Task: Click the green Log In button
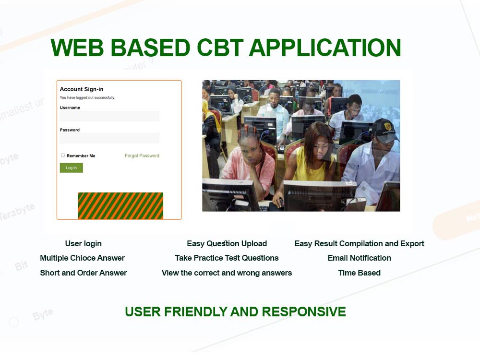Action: tap(71, 168)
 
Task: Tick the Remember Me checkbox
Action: tap(63, 156)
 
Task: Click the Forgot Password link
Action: tap(142, 156)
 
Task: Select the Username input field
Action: tap(109, 116)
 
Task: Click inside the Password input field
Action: tap(109, 138)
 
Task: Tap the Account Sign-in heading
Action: tap(82, 89)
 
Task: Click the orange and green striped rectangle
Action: tap(120, 206)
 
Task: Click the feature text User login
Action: tap(84, 243)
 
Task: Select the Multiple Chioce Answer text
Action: tap(83, 258)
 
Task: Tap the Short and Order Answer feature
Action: tap(84, 273)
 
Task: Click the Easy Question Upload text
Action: tap(227, 243)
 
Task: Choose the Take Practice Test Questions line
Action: tap(227, 258)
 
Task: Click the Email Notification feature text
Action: tap(359, 258)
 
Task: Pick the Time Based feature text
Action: tap(359, 273)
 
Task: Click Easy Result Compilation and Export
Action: tap(359, 243)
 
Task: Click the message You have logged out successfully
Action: tap(87, 97)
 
